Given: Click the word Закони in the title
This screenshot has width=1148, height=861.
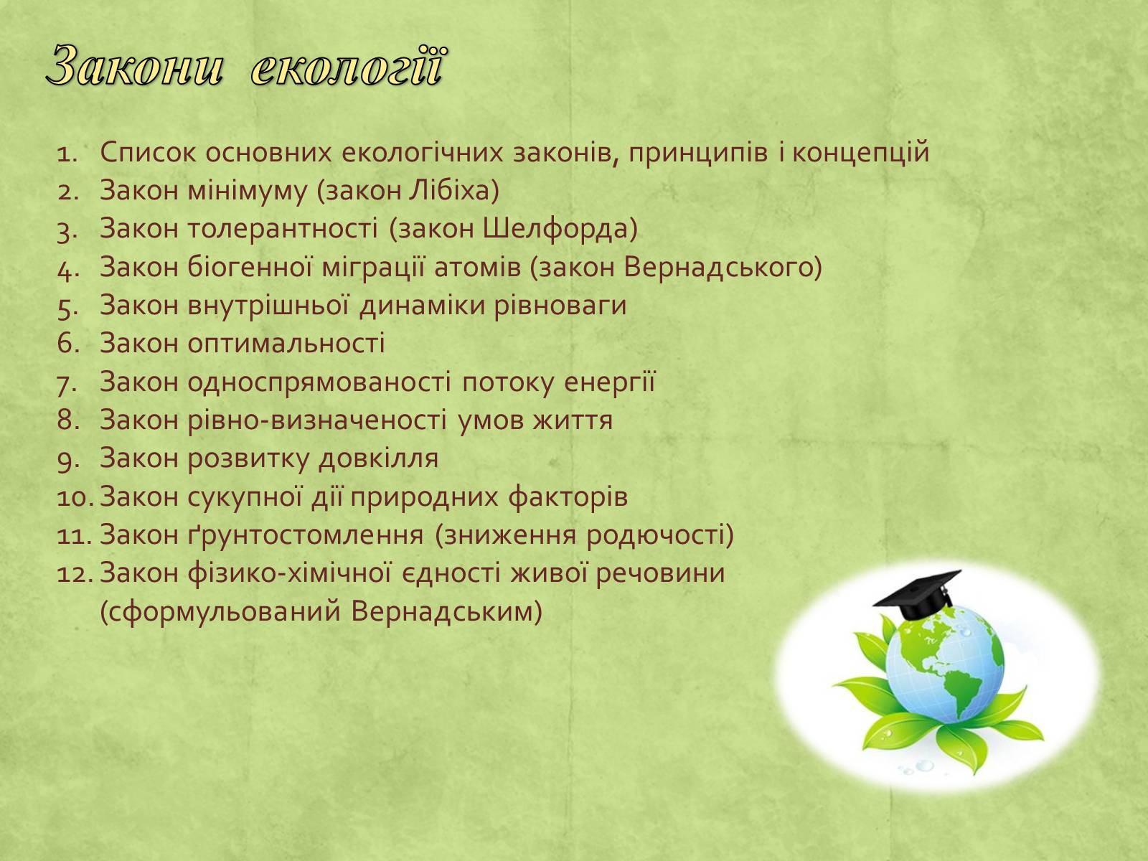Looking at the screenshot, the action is click(135, 67).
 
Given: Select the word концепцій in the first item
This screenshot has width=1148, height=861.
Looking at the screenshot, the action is click(860, 152).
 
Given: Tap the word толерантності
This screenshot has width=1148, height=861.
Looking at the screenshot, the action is click(283, 228).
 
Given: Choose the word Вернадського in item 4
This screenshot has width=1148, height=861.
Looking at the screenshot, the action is click(723, 267).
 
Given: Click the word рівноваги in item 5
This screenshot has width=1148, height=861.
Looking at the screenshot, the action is click(560, 306).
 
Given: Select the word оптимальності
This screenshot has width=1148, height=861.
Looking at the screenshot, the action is click(286, 344).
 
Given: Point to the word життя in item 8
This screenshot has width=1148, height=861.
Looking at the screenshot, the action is click(573, 420).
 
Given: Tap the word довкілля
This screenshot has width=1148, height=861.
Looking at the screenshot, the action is click(379, 458).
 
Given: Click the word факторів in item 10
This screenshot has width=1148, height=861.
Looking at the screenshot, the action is click(568, 497).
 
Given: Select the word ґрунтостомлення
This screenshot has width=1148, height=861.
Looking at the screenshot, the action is click(306, 535).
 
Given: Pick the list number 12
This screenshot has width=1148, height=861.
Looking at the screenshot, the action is click(75, 573).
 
